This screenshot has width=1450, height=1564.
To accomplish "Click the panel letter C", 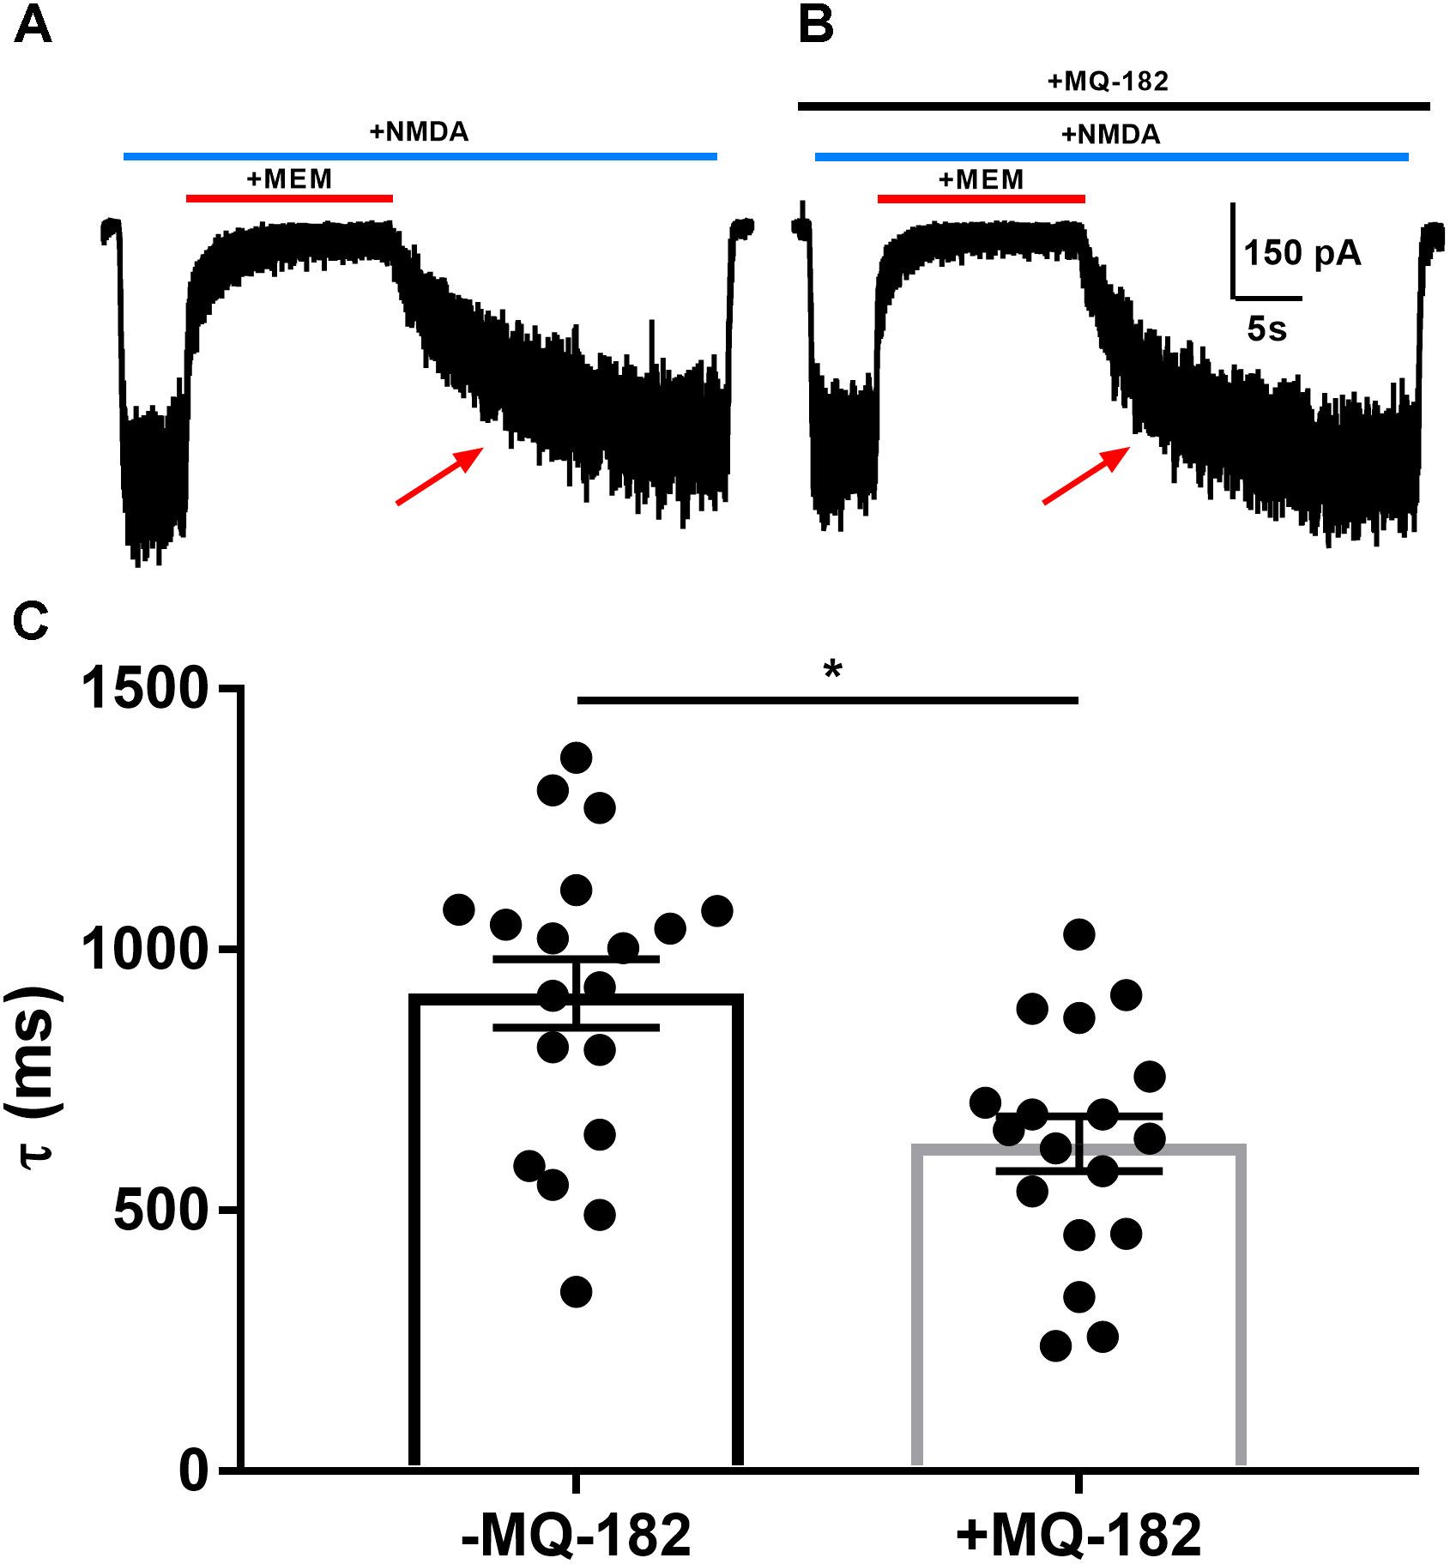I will (x=31, y=621).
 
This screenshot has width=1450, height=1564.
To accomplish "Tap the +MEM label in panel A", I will (x=289, y=179).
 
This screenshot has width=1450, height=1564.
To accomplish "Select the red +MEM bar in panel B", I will (x=981, y=199).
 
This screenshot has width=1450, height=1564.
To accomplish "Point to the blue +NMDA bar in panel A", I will (x=420, y=157).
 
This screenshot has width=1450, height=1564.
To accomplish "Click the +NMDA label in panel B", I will (x=1110, y=135).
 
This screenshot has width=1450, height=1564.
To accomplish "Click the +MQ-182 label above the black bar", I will (x=1108, y=82).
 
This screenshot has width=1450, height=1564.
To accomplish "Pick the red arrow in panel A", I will (x=439, y=475).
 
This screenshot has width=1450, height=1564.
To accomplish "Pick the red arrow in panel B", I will (x=1086, y=475).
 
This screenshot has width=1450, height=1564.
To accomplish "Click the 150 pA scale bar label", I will (x=1302, y=253).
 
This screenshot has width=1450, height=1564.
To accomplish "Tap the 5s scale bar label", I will (x=1266, y=329).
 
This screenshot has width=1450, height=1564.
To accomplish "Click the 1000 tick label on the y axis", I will (x=145, y=949).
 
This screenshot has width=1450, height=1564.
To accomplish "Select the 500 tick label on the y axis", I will (x=161, y=1211).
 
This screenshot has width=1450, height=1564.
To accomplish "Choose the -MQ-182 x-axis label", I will (x=576, y=1534).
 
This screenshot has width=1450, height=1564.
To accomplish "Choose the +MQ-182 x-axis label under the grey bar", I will (x=1078, y=1534).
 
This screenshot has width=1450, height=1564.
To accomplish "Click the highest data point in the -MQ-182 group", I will (x=576, y=758).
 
